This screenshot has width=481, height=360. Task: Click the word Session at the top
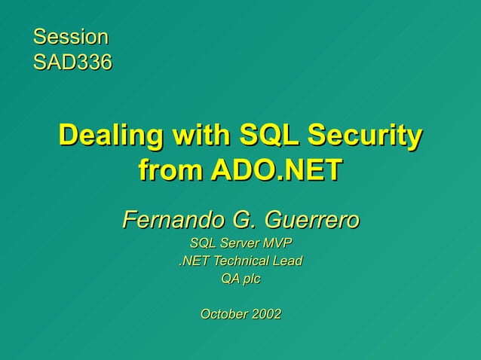click(70, 36)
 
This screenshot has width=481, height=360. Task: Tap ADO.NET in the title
click(276, 170)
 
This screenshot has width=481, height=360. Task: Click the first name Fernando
click(168, 221)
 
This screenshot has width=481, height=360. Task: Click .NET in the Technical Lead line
click(193, 261)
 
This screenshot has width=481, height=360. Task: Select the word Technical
click(240, 261)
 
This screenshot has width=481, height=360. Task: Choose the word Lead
click(288, 261)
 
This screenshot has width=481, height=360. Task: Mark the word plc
click(251, 279)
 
